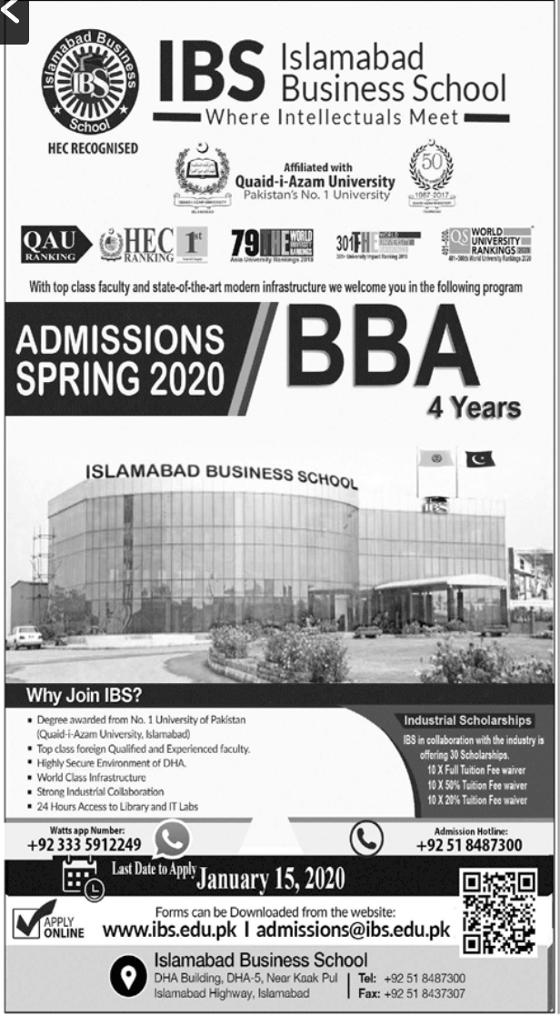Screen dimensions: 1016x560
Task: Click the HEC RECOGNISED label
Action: click(x=93, y=148)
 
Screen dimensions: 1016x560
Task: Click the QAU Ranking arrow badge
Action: click(x=55, y=244)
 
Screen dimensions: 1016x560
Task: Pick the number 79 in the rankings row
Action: click(x=245, y=243)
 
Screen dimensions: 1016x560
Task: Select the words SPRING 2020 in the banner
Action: click(x=119, y=376)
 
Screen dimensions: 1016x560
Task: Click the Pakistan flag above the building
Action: click(x=480, y=458)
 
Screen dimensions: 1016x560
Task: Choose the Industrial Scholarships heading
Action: click(x=468, y=720)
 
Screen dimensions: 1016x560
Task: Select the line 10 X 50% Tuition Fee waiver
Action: click(x=477, y=785)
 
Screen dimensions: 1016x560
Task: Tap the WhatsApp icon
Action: click(x=173, y=840)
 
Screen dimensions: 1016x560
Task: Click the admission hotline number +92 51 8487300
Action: click(x=469, y=845)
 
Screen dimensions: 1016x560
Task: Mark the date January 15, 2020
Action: click(x=271, y=879)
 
